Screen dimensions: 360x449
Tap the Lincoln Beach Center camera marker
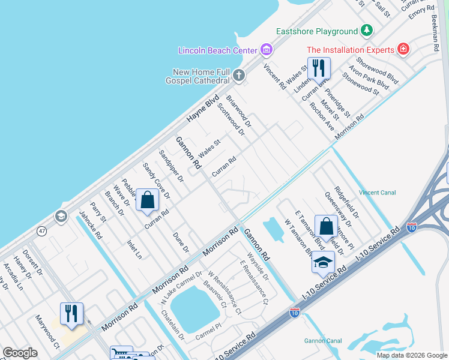(267, 49)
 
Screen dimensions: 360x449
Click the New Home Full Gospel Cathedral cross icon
(239, 75)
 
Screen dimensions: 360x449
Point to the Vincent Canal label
(376, 193)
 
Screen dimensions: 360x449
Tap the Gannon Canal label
(323, 341)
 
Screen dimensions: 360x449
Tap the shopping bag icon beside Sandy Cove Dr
(147, 200)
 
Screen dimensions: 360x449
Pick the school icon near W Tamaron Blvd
(323, 262)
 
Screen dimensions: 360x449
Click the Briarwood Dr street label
(238, 109)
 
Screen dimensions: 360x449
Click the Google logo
(20, 353)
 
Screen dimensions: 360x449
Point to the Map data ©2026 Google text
(411, 355)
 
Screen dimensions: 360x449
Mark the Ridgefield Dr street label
(347, 202)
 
